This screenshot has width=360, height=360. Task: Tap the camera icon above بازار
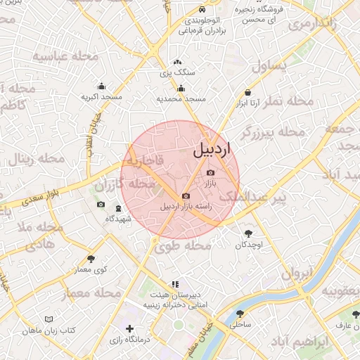pyautogui.click(x=210, y=172)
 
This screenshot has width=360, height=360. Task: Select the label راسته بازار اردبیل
pyautogui.click(x=186, y=206)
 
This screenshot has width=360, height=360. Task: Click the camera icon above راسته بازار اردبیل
pyautogui.click(x=186, y=196)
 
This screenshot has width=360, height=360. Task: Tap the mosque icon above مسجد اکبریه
pyautogui.click(x=102, y=86)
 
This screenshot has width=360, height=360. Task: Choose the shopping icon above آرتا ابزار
pyautogui.click(x=247, y=93)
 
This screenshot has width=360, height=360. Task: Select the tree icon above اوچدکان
pyautogui.click(x=248, y=233)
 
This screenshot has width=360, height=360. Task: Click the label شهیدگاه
pyautogui.click(x=119, y=219)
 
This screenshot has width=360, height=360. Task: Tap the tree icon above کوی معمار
pyautogui.click(x=91, y=259)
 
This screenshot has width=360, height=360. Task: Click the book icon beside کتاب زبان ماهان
pyautogui.click(x=49, y=319)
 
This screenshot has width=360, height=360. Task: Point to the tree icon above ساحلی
pyautogui.click(x=240, y=314)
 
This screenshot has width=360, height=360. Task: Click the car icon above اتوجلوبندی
pyautogui.click(x=202, y=10)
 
